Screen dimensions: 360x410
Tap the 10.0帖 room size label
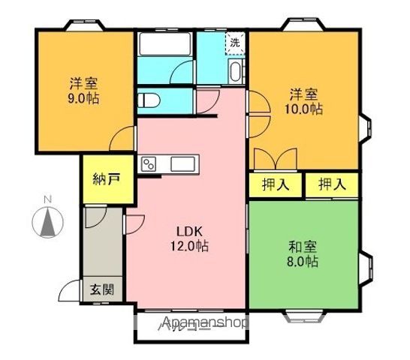pos(306,109)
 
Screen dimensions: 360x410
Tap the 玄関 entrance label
pos(102,289)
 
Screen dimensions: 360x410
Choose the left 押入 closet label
pos(274,184)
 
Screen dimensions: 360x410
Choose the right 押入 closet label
pos(332,184)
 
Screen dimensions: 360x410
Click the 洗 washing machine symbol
pos(236,43)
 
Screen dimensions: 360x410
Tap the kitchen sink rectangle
pos(183,163)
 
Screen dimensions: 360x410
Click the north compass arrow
pos(47,223)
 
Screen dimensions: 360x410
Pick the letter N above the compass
pos(47,199)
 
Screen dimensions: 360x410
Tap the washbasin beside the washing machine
pos(236,72)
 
